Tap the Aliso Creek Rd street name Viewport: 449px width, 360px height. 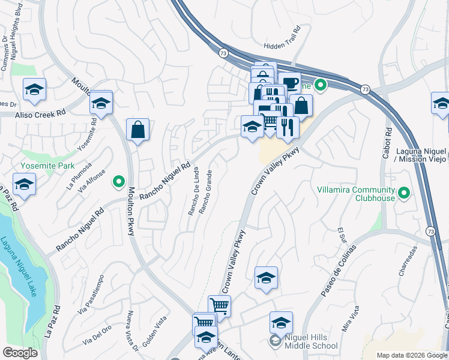click(x=40, y=113)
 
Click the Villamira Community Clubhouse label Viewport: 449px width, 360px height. click(x=357, y=193)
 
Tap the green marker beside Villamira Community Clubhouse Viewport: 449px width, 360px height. click(x=405, y=193)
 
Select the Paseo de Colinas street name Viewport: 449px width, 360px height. click(x=339, y=271)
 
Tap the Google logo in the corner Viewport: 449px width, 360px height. click(x=20, y=352)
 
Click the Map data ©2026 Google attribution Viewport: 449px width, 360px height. click(x=412, y=355)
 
